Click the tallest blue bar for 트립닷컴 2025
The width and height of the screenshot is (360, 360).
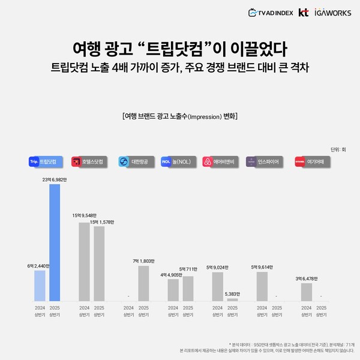(55, 242)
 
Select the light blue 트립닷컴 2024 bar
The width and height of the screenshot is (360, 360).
(40, 285)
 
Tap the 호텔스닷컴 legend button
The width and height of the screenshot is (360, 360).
(88, 161)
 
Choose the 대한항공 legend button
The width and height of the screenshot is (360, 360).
(133, 161)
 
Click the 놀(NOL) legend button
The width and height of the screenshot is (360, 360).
(178, 161)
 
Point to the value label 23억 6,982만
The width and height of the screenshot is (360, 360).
(55, 179)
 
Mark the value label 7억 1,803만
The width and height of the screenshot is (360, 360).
(143, 261)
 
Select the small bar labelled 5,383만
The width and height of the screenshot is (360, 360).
(232, 299)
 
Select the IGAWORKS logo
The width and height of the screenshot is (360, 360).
(332, 12)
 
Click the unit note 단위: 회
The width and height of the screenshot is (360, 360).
(338, 149)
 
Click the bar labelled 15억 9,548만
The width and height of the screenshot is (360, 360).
(85, 261)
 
